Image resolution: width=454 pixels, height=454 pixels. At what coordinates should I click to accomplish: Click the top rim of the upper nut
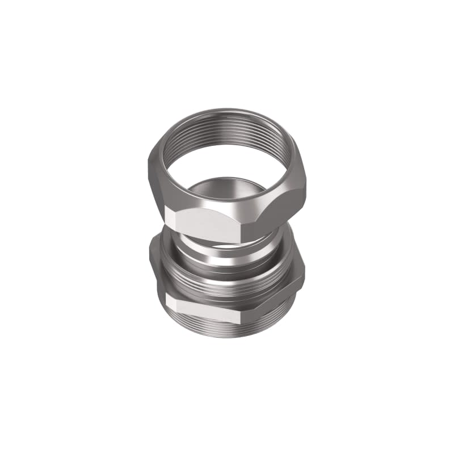pyautogui.click(x=227, y=113)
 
